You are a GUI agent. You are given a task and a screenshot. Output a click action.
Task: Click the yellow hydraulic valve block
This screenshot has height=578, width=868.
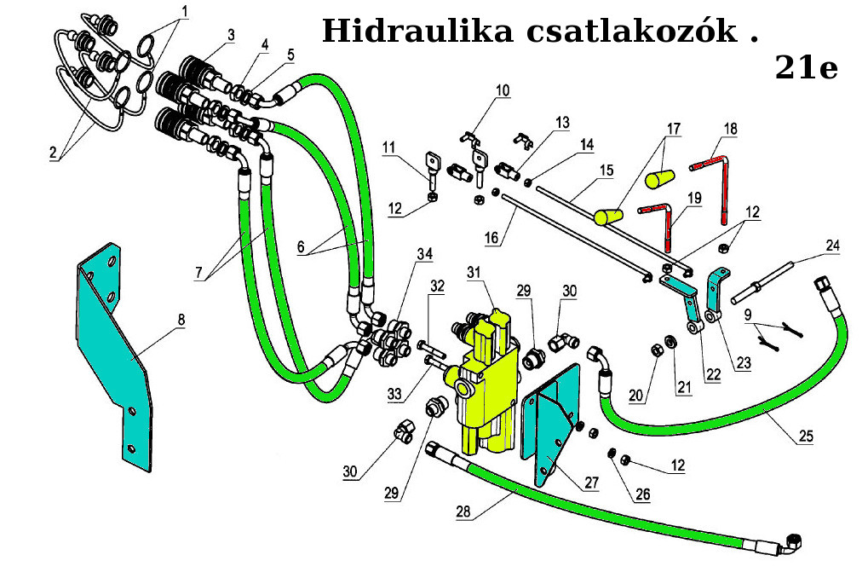click(490, 384)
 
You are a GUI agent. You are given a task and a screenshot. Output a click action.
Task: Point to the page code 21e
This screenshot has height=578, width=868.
click(806, 66)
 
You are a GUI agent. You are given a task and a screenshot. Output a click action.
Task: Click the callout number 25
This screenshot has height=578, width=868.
click(805, 436)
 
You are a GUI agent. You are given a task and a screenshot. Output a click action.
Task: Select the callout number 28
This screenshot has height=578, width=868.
click(463, 512)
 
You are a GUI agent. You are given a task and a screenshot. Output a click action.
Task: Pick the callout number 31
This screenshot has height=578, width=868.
click(474, 271)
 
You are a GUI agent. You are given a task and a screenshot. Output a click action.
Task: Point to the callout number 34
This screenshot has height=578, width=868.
click(423, 254)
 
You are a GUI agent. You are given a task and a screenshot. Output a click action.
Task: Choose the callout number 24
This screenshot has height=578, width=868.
click(832, 246)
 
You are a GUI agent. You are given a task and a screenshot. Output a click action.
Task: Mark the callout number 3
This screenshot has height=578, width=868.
click(231, 35)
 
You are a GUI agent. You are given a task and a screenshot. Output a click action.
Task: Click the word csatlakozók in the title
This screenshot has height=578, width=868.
click(631, 32)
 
